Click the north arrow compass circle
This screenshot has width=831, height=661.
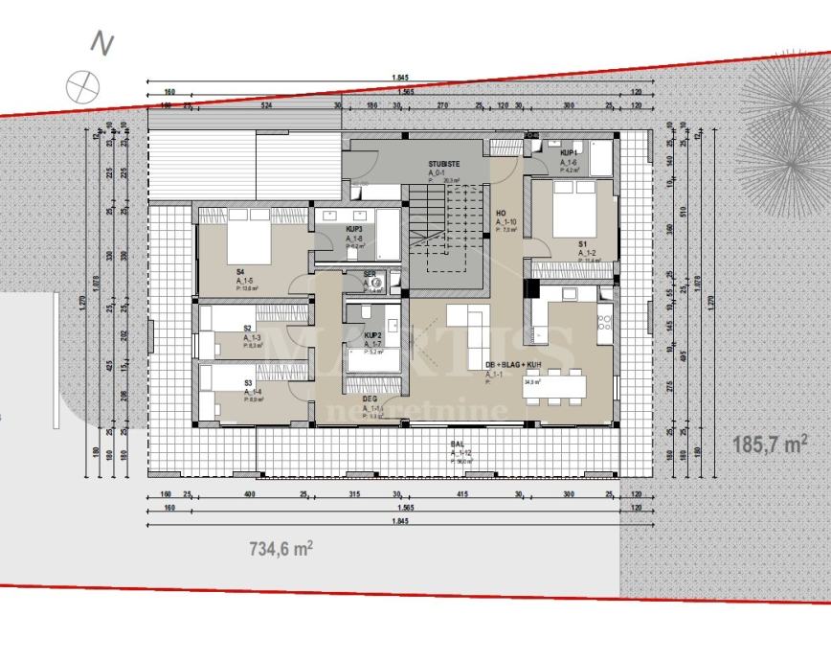83,85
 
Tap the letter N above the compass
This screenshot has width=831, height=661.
101,43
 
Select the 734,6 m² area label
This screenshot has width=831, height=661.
281,549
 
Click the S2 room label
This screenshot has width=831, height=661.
248,329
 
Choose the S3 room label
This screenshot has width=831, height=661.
248,382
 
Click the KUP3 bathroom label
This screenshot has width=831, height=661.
353,231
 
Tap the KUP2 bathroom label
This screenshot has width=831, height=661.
373,335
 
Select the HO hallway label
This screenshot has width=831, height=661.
501,214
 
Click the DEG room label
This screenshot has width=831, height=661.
369,399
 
